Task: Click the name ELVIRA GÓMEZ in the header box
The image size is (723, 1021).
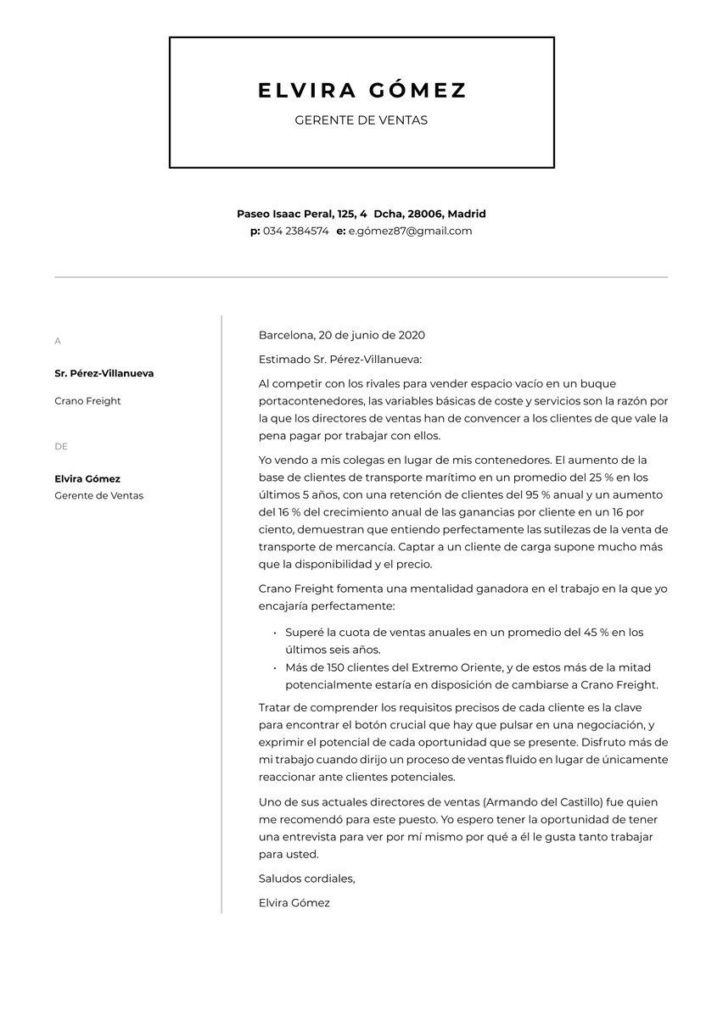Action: (x=361, y=91)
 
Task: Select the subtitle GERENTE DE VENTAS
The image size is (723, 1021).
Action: (x=361, y=120)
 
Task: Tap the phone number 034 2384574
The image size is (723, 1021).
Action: (x=295, y=231)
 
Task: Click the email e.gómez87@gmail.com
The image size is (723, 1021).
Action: (x=410, y=231)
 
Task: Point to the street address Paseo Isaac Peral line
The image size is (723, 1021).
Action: (x=361, y=214)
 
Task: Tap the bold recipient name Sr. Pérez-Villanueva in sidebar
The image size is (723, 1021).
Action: (x=104, y=373)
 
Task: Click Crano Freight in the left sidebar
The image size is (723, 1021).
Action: (x=87, y=401)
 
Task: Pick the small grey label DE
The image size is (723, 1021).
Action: (x=60, y=447)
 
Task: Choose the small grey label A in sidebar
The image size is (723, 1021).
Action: (x=58, y=341)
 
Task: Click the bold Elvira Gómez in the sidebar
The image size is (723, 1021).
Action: (x=87, y=479)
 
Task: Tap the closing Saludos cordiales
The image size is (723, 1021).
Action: (x=306, y=879)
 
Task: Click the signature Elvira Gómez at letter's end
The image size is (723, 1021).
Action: (x=294, y=903)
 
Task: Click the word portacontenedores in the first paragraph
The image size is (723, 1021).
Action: (x=311, y=401)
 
